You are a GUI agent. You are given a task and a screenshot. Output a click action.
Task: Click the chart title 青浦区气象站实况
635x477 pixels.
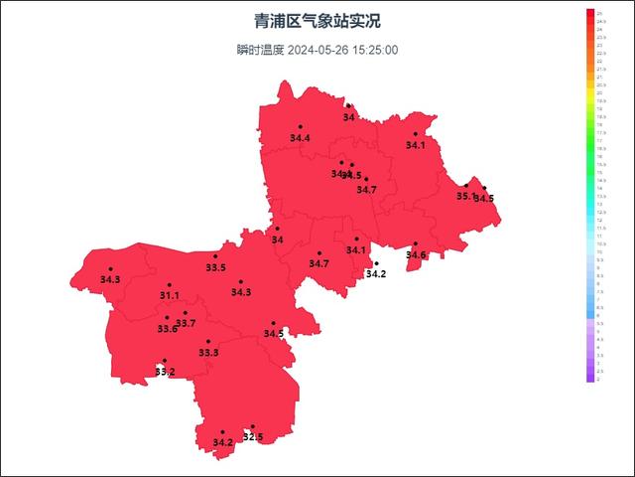[317, 21]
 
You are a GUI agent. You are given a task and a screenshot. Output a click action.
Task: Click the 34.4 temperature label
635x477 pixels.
[300, 138]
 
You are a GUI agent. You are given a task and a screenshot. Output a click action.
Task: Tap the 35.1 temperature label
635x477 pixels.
[465, 197]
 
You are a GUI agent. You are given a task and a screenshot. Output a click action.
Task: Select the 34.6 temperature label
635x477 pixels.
[416, 255]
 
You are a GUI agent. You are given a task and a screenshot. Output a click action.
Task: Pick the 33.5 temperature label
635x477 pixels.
[215, 267]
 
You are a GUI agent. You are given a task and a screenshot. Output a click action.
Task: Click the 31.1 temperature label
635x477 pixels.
[169, 296]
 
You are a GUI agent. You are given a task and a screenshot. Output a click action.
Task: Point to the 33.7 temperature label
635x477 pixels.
[186, 324]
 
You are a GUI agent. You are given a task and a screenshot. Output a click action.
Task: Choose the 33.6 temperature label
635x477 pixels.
[167, 329]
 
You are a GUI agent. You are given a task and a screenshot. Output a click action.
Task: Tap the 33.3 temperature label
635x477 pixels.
[208, 353]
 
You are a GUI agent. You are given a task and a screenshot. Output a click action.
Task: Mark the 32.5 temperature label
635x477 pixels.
[253, 437]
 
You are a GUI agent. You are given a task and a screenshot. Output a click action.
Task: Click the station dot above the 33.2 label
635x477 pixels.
[165, 361]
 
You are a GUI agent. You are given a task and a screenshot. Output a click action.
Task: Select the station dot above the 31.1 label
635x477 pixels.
[169, 285]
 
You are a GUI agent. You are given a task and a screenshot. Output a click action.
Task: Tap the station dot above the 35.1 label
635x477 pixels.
[466, 186]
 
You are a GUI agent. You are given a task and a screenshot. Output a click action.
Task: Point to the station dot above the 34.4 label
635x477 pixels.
[300, 127]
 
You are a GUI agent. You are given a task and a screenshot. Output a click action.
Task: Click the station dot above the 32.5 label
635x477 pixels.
[253, 426]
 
